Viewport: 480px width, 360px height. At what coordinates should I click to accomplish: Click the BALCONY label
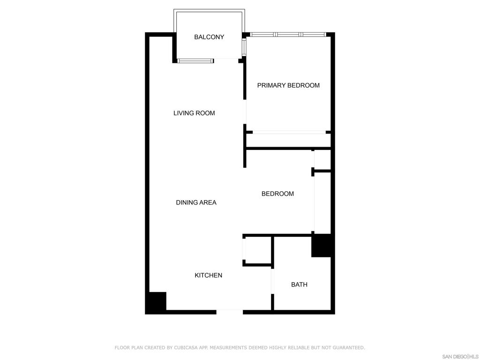(209, 37)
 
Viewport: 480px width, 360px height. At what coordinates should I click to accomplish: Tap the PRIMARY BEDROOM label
(288, 85)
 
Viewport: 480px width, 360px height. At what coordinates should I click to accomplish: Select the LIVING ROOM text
(194, 113)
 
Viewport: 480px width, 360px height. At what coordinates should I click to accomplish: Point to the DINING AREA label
(196, 202)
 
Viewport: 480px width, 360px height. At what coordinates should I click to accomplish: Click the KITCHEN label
(209, 276)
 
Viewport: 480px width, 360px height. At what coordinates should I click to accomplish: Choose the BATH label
(300, 285)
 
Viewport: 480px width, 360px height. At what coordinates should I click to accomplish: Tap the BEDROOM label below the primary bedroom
(277, 194)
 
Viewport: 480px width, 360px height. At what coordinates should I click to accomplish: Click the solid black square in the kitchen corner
(157, 301)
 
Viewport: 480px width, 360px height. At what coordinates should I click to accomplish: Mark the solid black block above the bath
(321, 246)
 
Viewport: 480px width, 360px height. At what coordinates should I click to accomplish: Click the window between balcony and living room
(195, 61)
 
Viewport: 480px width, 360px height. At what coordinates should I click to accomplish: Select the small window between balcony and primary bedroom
(244, 47)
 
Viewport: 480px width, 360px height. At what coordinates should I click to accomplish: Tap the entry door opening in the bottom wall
(230, 312)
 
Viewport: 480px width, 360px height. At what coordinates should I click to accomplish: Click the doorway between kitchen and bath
(272, 282)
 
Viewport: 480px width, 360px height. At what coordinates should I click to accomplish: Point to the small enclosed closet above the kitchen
(258, 250)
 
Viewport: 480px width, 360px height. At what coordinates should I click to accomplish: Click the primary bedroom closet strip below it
(289, 141)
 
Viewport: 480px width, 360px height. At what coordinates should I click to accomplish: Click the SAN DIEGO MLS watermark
(460, 357)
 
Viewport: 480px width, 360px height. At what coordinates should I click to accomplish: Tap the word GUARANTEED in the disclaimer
(348, 347)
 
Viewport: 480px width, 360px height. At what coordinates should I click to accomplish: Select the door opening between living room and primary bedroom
(245, 112)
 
